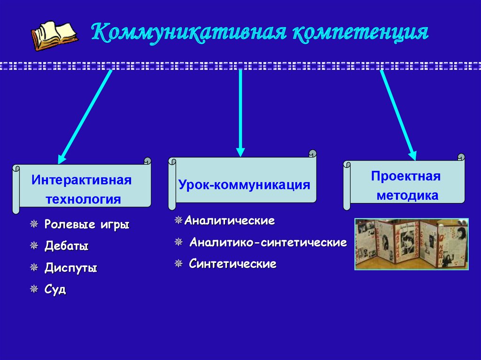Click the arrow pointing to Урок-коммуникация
click(240, 113)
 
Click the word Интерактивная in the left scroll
click(81, 180)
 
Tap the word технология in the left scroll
click(83, 199)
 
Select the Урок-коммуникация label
click(244, 184)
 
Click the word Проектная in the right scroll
click(405, 176)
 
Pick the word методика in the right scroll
click(407, 195)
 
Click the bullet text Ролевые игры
click(87, 224)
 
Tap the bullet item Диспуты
click(71, 268)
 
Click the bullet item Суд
click(55, 290)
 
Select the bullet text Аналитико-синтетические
click(268, 243)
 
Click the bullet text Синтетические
click(233, 264)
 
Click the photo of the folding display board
click(411, 244)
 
